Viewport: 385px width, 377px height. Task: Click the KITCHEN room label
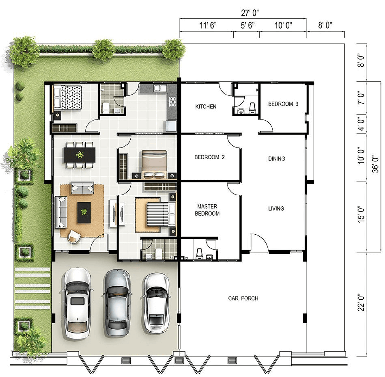point(206,107)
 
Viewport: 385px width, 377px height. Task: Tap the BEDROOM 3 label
point(283,104)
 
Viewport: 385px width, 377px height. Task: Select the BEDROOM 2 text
point(209,157)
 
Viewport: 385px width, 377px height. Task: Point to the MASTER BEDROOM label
point(207,210)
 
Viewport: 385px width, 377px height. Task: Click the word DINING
point(277,159)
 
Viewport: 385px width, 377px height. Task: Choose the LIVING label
point(276,209)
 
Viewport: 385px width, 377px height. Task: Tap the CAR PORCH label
point(243,298)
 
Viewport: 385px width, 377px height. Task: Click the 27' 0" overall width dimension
point(250,13)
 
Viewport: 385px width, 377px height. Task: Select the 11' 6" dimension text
point(208,25)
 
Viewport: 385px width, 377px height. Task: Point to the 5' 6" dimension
point(248,25)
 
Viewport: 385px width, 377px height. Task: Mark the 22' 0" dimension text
point(361,303)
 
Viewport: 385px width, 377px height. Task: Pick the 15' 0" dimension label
point(361,214)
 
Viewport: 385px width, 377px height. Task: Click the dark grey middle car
point(117,302)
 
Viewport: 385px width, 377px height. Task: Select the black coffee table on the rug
point(84,213)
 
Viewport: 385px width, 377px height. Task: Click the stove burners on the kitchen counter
point(172,102)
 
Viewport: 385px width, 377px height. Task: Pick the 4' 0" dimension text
point(361,124)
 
